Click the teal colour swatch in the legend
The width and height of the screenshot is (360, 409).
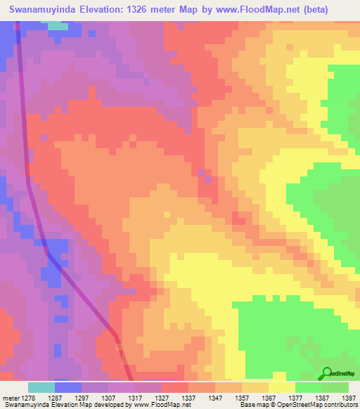(x=41, y=387)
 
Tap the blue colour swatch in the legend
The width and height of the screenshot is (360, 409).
(x=68, y=387)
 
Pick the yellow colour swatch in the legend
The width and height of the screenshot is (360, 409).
(x=282, y=387)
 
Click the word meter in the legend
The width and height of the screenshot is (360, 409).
(x=10, y=397)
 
